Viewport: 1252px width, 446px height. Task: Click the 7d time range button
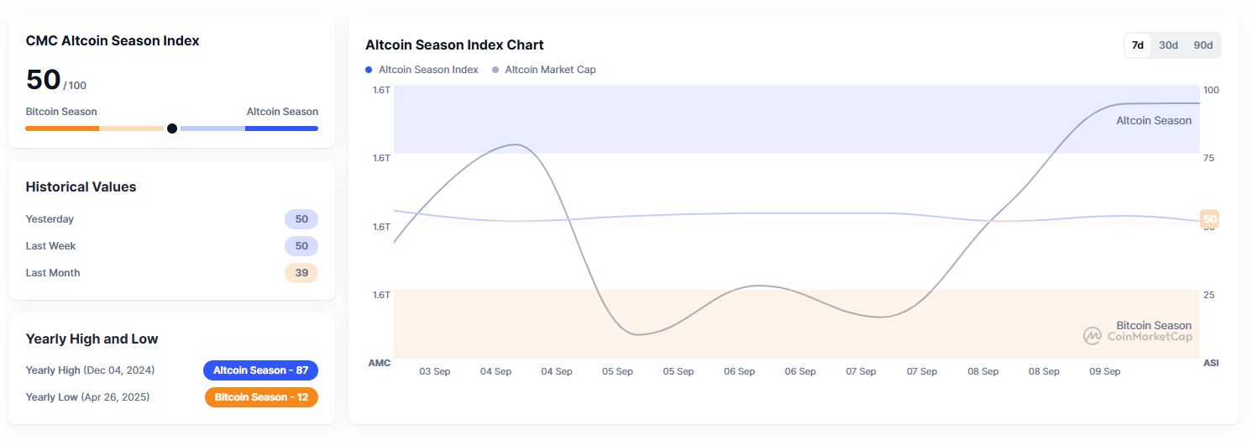pos(1138,45)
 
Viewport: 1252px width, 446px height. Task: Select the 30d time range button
pos(1168,45)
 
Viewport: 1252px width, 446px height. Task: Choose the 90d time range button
pos(1203,45)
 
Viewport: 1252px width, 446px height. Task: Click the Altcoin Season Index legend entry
pos(422,70)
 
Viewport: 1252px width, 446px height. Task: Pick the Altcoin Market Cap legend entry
pos(544,70)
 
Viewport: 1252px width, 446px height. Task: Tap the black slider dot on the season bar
pos(172,129)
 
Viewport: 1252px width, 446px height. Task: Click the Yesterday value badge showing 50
pos(301,219)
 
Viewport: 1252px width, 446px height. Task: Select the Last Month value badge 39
pos(301,273)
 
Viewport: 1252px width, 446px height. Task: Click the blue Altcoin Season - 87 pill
pos(260,370)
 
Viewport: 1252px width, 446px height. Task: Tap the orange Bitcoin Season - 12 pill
pos(261,397)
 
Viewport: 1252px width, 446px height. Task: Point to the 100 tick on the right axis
pos(1211,90)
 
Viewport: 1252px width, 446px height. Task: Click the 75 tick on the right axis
pos(1209,158)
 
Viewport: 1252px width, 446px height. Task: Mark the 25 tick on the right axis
pos(1209,295)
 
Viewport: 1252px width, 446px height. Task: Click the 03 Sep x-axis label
pos(435,371)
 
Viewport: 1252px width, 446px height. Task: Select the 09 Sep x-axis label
pos(1105,371)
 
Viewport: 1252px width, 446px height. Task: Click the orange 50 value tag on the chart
pos(1209,219)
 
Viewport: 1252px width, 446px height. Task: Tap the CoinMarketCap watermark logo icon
pos(1092,336)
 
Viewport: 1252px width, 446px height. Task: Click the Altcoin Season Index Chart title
pos(454,45)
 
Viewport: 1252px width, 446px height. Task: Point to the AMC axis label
pos(379,363)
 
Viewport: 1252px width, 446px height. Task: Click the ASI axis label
pos(1211,363)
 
